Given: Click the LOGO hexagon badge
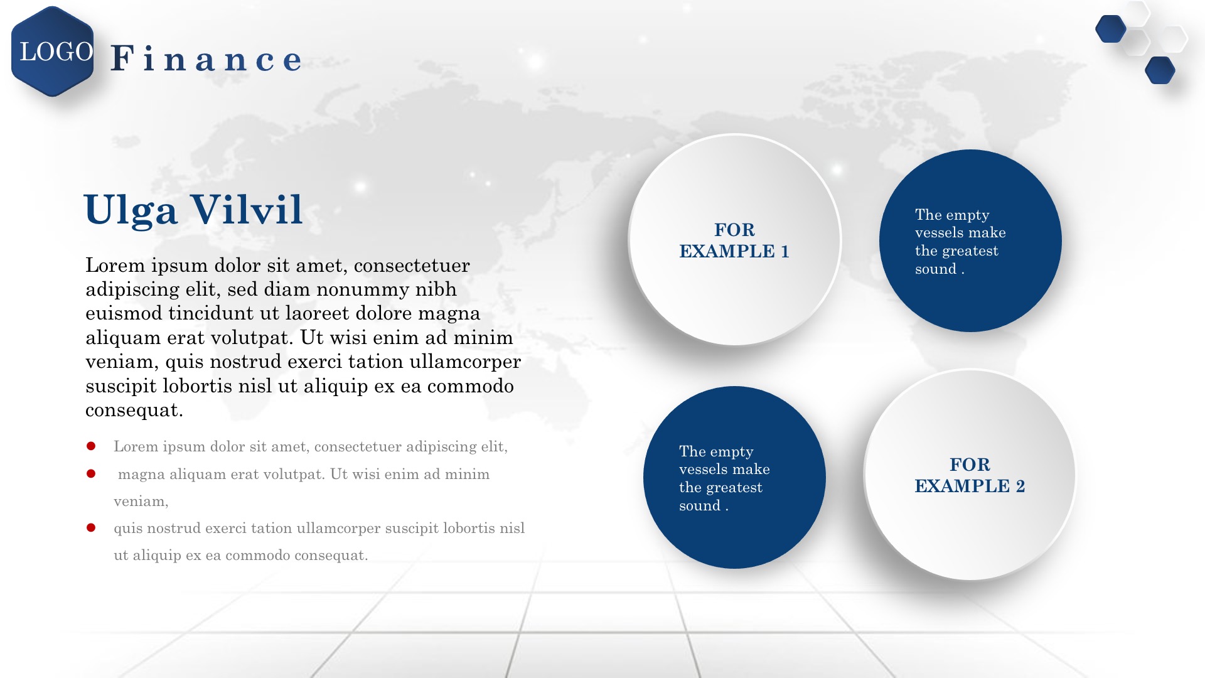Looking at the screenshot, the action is (53, 51).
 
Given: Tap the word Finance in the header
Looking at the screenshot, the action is (206, 58).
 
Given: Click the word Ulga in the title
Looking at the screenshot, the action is (131, 210).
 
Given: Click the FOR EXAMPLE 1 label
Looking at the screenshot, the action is (734, 240).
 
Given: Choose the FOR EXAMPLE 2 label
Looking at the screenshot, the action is (970, 475).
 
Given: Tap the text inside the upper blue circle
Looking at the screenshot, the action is (960, 242).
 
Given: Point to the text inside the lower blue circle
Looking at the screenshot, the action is (724, 478).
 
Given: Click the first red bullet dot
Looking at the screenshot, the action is (91, 446).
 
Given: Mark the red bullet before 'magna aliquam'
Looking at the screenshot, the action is (91, 473).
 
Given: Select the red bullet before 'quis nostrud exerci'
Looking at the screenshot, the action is (91, 528).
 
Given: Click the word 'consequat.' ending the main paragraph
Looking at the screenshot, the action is (134, 411).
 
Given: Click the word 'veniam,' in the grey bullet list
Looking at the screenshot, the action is (141, 502).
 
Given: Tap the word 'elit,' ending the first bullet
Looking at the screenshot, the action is (494, 447).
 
